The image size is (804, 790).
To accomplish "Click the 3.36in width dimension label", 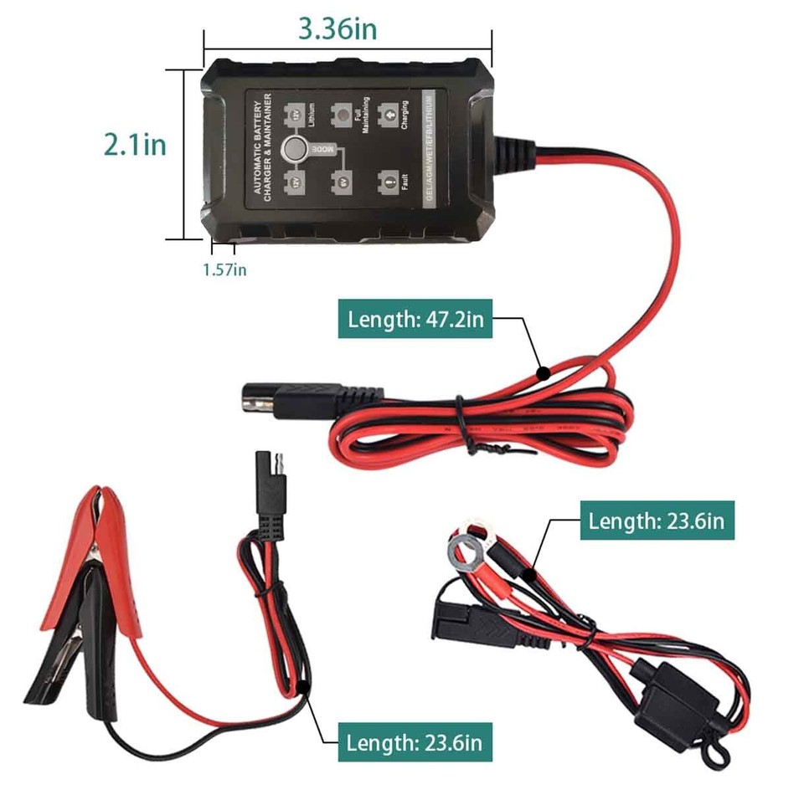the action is coord(338,28).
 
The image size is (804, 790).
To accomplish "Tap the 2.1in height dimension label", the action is coord(135,145).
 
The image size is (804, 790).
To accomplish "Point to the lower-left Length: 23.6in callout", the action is coord(414,741).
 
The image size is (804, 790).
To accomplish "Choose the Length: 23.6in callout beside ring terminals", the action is coord(657,521).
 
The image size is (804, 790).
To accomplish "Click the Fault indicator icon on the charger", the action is coord(388,180).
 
